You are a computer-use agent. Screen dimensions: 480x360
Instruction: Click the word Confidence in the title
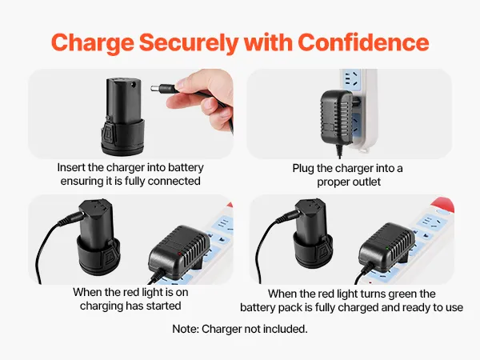[x=363, y=42]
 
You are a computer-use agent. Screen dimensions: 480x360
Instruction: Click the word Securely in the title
[x=189, y=43]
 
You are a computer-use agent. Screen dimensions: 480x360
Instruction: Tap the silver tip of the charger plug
[x=154, y=89]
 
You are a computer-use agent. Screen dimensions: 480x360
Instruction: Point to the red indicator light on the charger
[x=179, y=254]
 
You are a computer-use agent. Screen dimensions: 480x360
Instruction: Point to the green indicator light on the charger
[x=387, y=248]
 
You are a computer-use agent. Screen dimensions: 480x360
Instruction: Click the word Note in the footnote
[x=186, y=329]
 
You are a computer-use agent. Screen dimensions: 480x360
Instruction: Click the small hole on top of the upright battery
[x=133, y=83]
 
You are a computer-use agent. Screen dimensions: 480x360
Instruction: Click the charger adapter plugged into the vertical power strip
[x=337, y=118]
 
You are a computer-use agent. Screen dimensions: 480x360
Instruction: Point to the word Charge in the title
[x=93, y=43]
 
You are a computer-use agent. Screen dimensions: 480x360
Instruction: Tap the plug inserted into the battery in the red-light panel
[x=71, y=219]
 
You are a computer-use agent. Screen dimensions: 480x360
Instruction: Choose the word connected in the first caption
[x=174, y=181]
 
